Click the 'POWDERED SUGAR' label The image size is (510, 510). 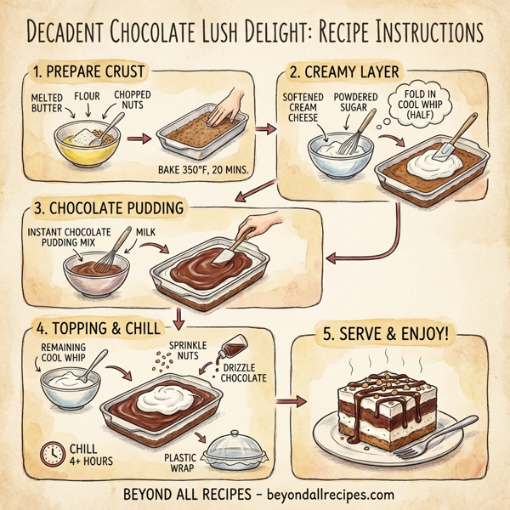coord(356,104)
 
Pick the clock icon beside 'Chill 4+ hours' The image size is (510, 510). coord(53,452)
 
